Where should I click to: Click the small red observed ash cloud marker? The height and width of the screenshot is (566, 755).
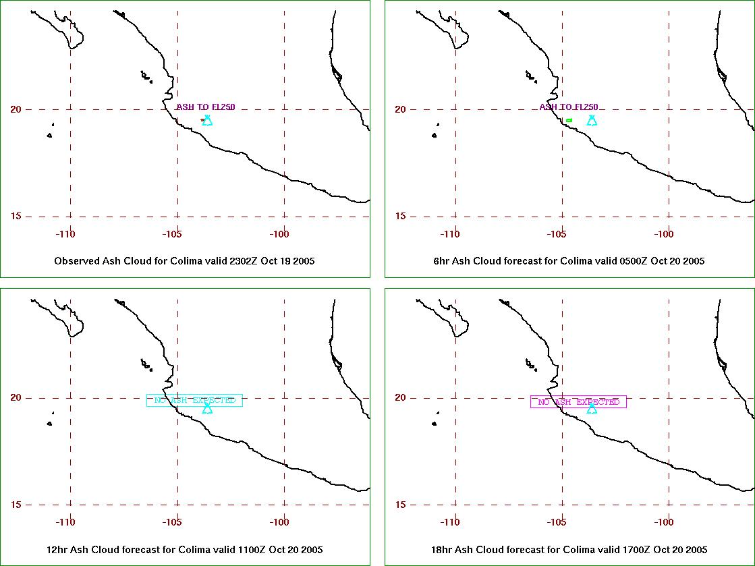click(x=202, y=120)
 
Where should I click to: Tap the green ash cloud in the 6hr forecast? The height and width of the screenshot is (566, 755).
click(x=569, y=120)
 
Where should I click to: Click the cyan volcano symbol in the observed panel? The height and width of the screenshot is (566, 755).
click(x=207, y=120)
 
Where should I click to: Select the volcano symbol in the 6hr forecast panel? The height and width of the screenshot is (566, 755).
click(x=592, y=120)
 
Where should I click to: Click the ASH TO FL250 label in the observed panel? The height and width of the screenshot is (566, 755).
click(x=206, y=107)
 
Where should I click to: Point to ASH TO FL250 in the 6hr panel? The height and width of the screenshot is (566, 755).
click(x=569, y=107)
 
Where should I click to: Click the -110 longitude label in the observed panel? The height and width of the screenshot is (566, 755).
click(x=65, y=234)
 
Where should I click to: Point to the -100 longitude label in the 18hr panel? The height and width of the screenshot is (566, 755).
click(x=664, y=522)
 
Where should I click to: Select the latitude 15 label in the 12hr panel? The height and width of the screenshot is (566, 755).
click(x=16, y=505)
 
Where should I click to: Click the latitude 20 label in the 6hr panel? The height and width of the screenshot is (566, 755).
click(x=400, y=109)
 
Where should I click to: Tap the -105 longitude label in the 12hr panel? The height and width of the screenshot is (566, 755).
click(x=172, y=522)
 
